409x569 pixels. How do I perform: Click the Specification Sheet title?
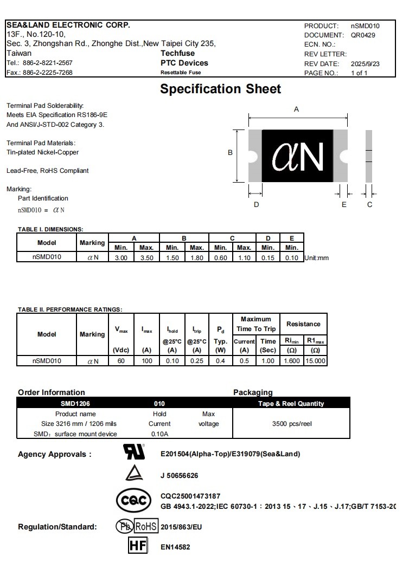[220, 89]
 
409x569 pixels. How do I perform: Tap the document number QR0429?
[363, 35]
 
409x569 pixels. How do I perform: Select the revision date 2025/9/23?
[365, 64]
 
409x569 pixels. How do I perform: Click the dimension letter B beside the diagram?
[230, 153]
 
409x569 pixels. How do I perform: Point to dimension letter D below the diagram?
[256, 204]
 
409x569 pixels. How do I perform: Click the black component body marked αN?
[297, 156]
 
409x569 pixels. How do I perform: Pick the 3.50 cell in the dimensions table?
[146, 258]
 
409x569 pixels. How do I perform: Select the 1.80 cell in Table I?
[196, 258]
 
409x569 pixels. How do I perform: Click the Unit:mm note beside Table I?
[317, 258]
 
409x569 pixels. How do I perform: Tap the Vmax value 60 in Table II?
[121, 360]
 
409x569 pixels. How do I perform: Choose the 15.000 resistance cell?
[315, 360]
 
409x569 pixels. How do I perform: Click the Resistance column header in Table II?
[303, 324]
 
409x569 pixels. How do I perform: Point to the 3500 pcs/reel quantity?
[292, 424]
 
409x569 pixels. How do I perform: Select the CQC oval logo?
[133, 501]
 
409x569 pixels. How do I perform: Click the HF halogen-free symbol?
[138, 546]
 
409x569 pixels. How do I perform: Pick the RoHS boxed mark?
[145, 526]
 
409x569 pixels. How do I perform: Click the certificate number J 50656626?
[179, 476]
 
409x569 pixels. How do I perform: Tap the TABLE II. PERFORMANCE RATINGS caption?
[70, 309]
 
